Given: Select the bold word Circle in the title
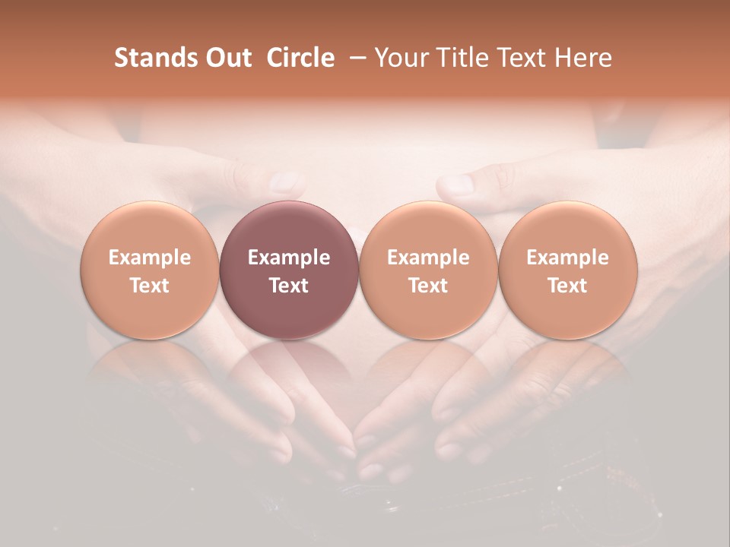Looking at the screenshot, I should tap(300, 58).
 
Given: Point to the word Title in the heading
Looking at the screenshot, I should tap(458, 58).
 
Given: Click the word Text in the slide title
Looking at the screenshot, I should tap(521, 58).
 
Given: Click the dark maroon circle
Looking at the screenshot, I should tap(289, 270).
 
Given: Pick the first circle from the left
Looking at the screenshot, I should tap(150, 270).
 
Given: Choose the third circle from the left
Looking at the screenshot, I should tap(428, 270).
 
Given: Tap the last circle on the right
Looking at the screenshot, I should tap(567, 270).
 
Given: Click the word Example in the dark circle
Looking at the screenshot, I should tap(289, 258).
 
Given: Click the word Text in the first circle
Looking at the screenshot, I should tap(150, 286).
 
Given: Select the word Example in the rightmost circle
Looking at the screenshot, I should tap(567, 258).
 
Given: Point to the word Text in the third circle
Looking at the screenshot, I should tap(428, 286).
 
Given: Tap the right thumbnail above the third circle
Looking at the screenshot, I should tap(459, 184).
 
